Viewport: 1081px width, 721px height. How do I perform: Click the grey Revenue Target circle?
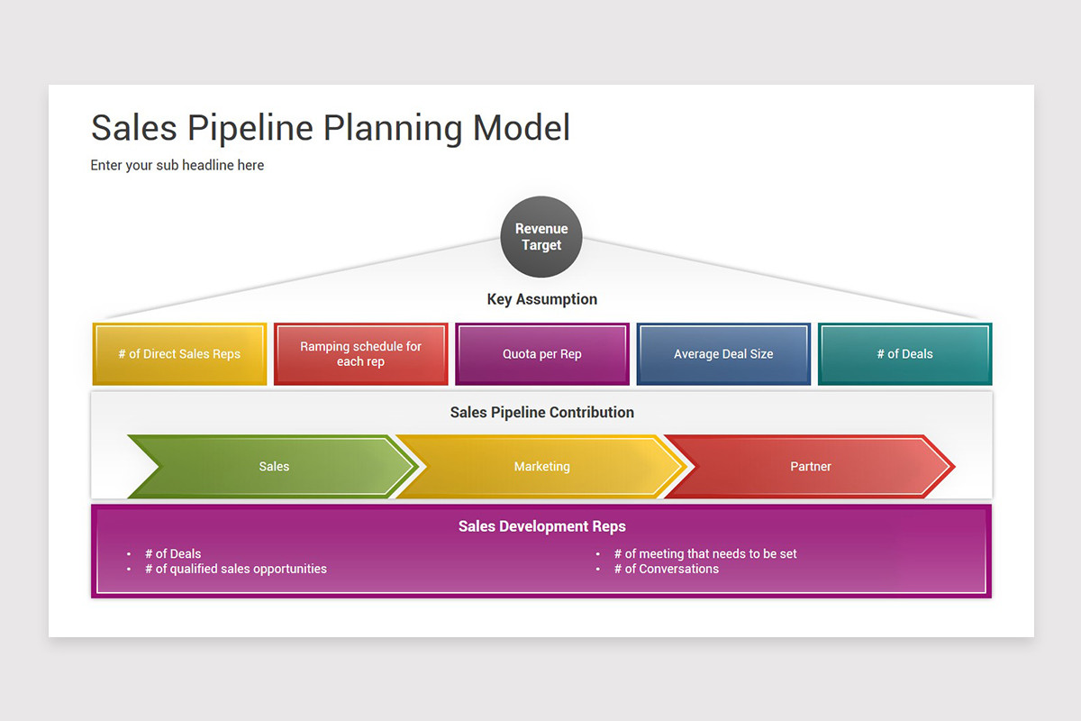540,237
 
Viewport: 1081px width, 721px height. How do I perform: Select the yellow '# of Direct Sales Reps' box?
179,354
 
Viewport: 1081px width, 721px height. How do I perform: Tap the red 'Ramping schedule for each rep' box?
360,354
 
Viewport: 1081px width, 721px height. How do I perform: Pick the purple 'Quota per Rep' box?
541,354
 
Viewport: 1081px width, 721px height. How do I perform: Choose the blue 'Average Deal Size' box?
723,354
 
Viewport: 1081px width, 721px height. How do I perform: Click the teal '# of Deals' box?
904,354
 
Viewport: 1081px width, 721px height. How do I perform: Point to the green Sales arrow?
274,467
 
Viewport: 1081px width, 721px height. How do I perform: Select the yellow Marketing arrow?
541,467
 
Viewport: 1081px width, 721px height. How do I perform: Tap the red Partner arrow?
810,467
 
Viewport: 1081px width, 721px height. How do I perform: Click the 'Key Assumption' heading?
541,299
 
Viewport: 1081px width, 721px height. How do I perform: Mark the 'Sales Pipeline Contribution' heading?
541,413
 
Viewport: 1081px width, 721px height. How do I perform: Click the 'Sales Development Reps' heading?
541,526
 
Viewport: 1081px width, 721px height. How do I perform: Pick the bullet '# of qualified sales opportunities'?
235,569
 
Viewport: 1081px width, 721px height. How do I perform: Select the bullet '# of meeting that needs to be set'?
704,554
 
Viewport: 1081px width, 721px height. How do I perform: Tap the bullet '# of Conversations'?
666,569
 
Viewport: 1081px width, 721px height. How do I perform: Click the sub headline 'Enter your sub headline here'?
177,165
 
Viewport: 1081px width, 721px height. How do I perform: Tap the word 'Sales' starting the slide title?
134,128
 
